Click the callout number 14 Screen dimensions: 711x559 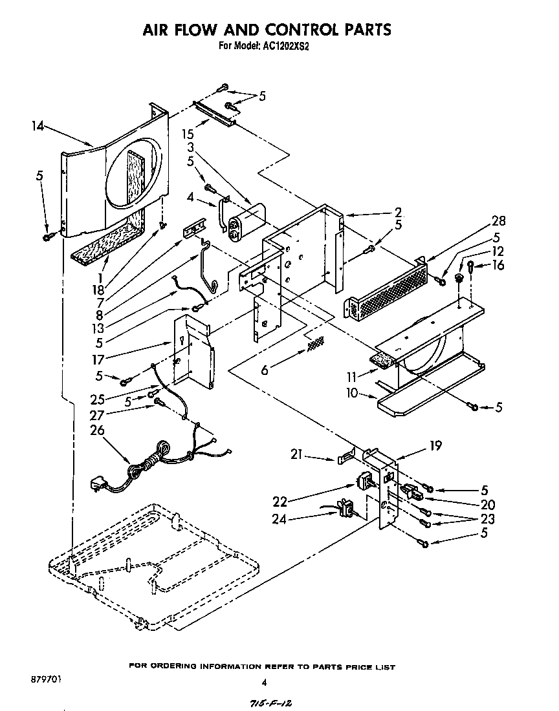point(39,127)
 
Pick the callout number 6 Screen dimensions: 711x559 point(264,369)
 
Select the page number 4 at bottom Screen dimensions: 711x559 point(263,682)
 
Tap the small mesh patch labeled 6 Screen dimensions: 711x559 point(315,344)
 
